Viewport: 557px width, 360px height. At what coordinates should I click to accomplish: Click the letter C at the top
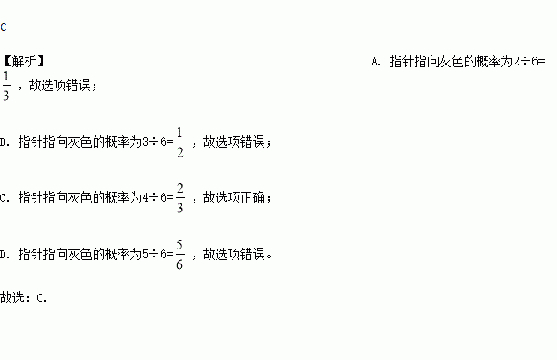click(x=4, y=27)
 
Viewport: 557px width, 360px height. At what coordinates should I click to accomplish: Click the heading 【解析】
click(x=24, y=61)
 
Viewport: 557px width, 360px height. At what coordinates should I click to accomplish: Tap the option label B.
click(x=5, y=142)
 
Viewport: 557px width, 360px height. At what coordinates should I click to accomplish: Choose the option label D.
click(x=5, y=255)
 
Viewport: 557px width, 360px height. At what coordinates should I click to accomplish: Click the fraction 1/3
click(x=6, y=86)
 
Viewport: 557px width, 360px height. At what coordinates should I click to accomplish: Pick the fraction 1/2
click(x=179, y=142)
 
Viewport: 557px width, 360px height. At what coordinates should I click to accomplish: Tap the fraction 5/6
click(x=179, y=255)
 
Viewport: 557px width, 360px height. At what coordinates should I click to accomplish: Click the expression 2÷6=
click(x=530, y=62)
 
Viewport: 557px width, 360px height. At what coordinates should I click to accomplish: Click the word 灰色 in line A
click(x=462, y=62)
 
